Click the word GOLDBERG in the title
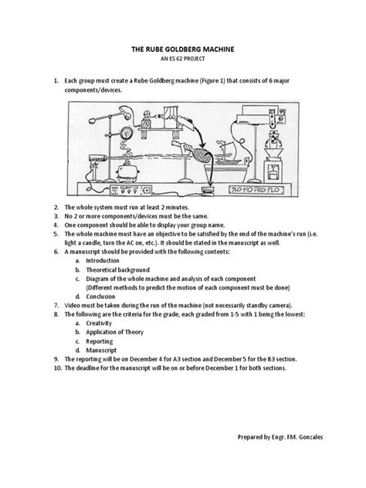(184, 49)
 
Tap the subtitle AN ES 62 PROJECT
(182, 59)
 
